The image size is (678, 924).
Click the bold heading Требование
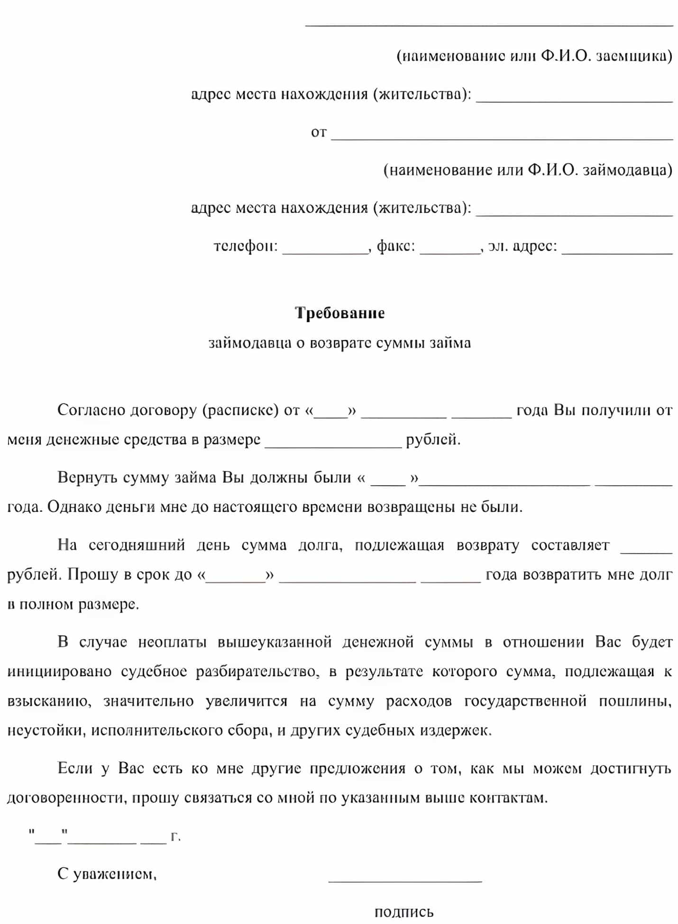coord(339,313)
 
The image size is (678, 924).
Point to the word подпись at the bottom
coord(404,912)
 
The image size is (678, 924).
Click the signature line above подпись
coord(405,880)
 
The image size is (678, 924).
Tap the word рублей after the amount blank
coord(432,440)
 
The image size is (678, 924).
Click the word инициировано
coord(59,671)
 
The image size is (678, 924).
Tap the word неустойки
coord(46,731)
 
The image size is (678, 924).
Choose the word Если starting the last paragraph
coord(74,769)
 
